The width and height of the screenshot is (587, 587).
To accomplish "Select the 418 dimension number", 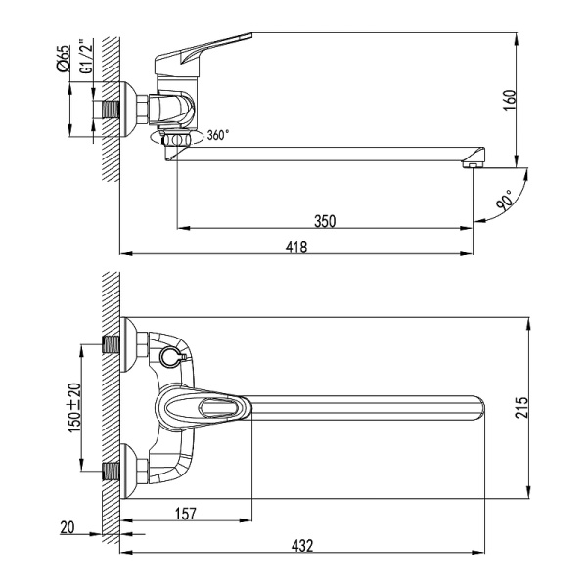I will coord(296,248).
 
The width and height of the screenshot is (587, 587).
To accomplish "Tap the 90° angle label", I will coord(503,202).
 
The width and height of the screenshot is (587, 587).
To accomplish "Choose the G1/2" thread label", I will coord(85,59).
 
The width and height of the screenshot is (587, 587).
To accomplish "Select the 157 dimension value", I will coord(184,511).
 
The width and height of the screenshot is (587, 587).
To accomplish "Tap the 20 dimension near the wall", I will coord(67,527).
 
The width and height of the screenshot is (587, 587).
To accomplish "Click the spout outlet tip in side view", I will coord(473,160).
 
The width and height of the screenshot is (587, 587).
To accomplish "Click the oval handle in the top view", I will coord(204,406).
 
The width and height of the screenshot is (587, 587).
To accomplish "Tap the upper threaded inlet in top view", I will coord(113,345).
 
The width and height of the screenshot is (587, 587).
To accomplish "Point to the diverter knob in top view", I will coord(169,355).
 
